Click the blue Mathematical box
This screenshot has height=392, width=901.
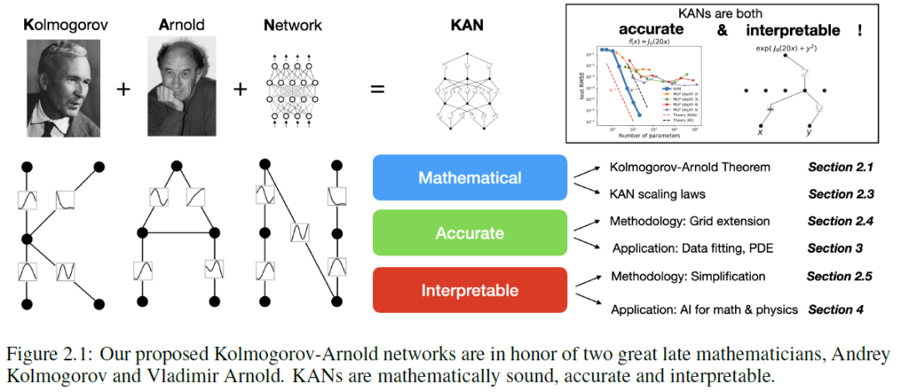pos(470,178)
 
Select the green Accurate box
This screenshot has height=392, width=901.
pos(470,234)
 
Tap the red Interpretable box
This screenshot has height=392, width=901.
pos(470,290)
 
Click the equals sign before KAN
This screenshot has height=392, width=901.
pos(377,88)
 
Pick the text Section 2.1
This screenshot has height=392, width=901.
pos(840,167)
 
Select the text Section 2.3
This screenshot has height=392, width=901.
pos(840,194)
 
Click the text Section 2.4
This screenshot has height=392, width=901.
pos(840,222)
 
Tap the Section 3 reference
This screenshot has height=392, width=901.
pos(834,249)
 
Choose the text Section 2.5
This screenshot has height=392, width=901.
pos(839,276)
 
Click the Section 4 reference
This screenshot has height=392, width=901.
pos(835,309)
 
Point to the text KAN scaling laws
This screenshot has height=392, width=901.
pos(657,194)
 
